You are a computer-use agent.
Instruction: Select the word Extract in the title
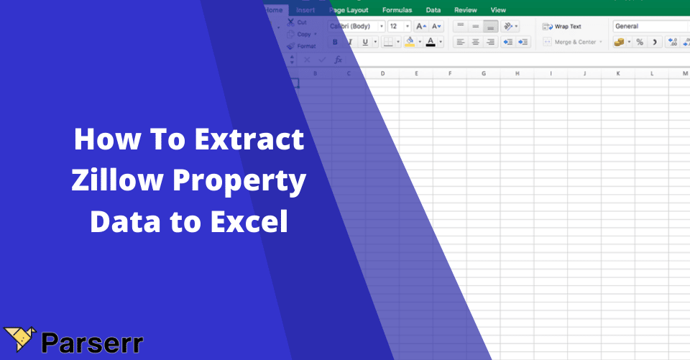click(249, 139)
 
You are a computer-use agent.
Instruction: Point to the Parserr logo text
click(91, 343)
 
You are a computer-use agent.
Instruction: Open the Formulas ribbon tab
click(397, 10)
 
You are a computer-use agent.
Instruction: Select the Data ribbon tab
click(433, 10)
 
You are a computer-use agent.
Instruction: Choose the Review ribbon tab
click(466, 10)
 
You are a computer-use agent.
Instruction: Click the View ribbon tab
click(498, 10)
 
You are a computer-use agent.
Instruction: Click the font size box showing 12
click(395, 27)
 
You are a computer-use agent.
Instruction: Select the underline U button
click(365, 42)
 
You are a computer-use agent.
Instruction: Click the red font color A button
click(431, 42)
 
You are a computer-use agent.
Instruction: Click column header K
click(617, 73)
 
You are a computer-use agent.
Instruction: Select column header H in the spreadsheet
click(517, 73)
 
